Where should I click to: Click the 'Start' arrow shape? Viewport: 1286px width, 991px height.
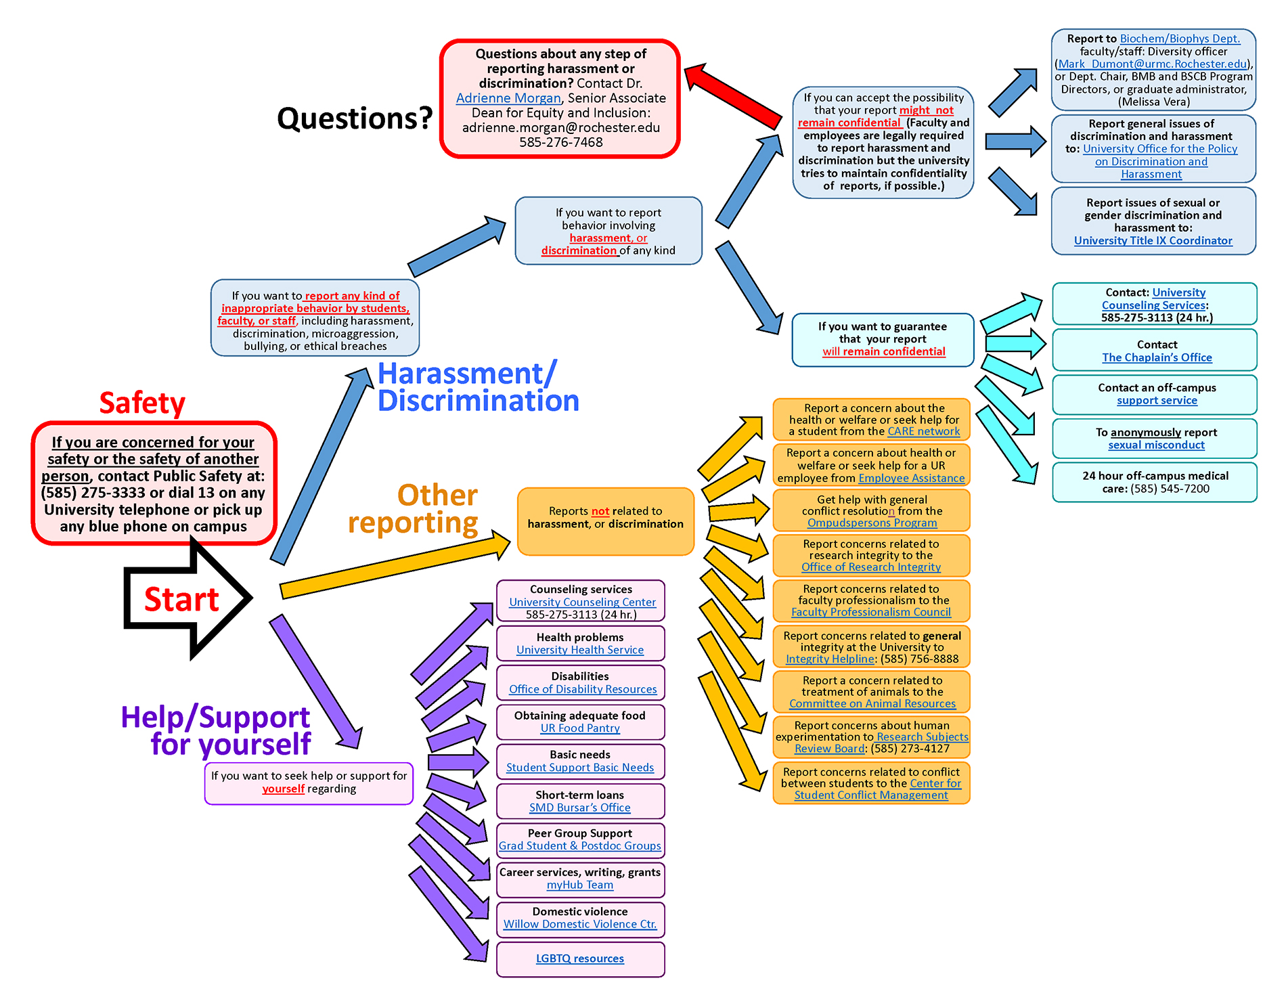(181, 599)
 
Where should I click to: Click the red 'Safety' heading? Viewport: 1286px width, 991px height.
(142, 403)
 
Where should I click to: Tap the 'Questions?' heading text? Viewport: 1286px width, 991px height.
(355, 118)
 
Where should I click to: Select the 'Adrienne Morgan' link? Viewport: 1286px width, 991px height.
(508, 98)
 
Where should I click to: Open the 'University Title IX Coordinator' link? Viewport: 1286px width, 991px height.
(1153, 241)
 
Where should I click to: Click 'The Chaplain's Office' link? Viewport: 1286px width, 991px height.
(1157, 357)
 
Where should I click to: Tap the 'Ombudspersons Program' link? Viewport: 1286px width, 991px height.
(872, 523)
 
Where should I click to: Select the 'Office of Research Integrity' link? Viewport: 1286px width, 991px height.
(871, 567)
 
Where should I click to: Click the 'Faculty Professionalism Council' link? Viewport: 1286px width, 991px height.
(871, 612)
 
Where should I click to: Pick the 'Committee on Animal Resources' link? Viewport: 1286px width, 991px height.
(872, 704)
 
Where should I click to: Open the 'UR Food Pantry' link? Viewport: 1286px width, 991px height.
(580, 728)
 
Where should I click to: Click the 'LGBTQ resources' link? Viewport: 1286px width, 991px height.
(580, 959)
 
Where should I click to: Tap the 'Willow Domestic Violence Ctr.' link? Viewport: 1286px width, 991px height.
(580, 925)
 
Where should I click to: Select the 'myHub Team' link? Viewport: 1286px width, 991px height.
(580, 885)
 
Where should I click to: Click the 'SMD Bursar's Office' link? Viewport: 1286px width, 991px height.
(580, 808)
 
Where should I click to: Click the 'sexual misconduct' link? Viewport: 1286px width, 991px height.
(1156, 445)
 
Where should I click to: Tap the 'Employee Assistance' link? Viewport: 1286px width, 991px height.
(911, 479)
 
